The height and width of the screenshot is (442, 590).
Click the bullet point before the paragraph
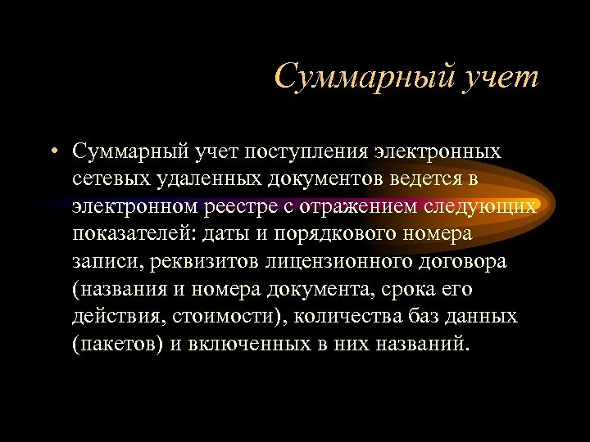pyautogui.click(x=52, y=151)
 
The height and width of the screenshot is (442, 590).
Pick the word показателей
pyautogui.click(x=125, y=234)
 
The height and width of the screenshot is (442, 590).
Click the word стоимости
pyautogui.click(x=225, y=317)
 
